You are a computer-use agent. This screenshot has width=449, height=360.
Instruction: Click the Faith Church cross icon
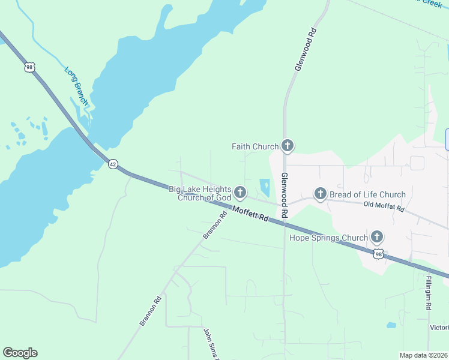[x=288, y=146]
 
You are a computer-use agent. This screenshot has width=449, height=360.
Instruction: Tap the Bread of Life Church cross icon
[x=320, y=194]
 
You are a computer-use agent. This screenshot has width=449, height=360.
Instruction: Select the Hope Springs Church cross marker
[x=377, y=237]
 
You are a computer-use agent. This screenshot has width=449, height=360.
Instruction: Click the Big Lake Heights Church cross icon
[x=240, y=193]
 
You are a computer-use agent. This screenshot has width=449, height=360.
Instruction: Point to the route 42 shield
[x=112, y=164]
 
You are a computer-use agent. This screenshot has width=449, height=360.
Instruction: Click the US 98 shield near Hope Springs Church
[x=379, y=254]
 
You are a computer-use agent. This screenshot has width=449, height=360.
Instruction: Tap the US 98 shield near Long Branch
[x=29, y=67]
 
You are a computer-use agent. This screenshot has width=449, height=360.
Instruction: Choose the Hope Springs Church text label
[x=328, y=238]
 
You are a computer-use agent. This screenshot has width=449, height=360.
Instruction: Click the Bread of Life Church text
[x=367, y=194]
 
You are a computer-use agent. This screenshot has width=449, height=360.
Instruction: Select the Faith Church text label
[x=255, y=146]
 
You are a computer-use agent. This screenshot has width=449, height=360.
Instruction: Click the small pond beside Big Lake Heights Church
[x=265, y=187]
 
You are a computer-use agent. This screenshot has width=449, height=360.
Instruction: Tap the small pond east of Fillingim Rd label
[x=391, y=325]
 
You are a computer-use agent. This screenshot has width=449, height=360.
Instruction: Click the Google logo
[x=20, y=353]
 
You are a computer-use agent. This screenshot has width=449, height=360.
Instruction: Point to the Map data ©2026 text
[x=423, y=355]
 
